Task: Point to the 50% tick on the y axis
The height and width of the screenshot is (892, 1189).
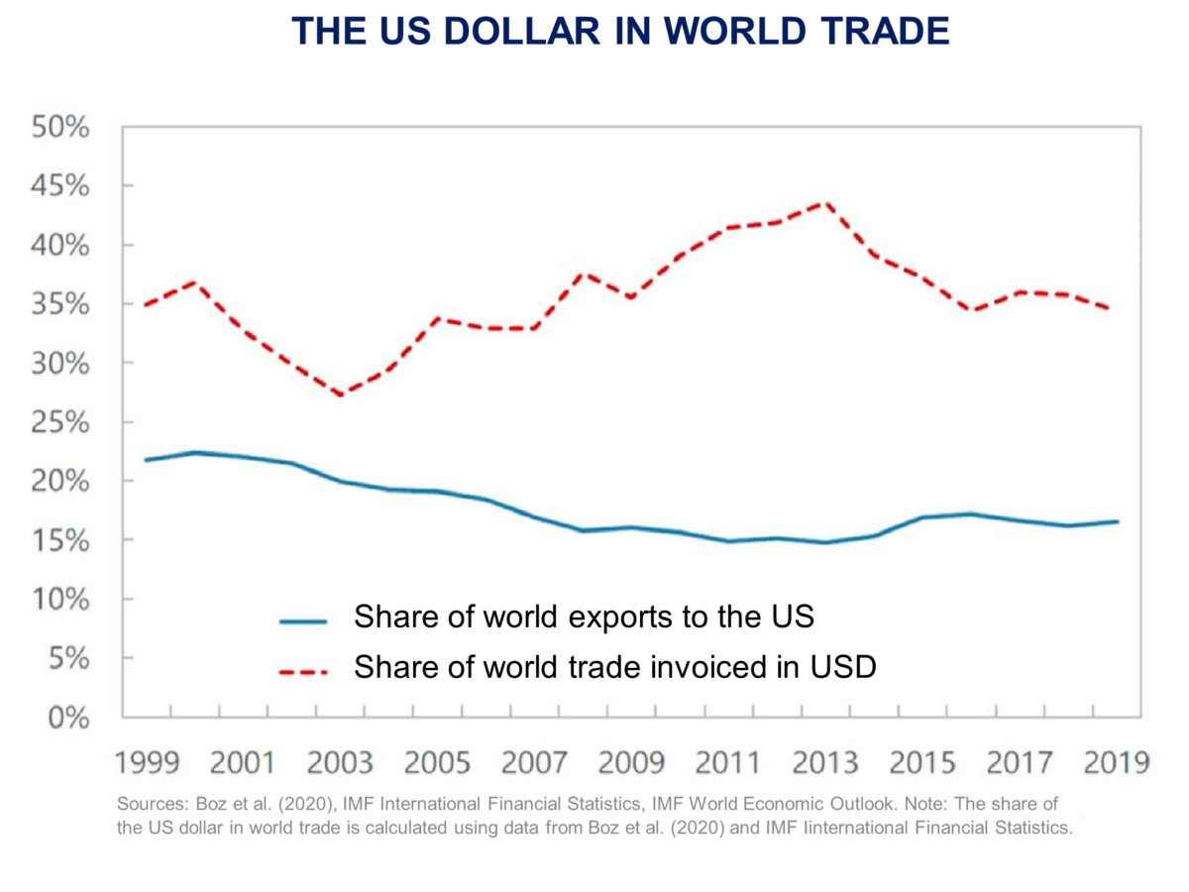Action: tap(62, 128)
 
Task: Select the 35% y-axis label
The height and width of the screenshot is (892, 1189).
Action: tap(62, 304)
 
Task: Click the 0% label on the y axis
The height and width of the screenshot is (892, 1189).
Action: tap(69, 717)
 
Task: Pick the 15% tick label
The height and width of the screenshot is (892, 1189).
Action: tap(62, 540)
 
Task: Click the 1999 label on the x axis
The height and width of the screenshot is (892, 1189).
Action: tap(147, 763)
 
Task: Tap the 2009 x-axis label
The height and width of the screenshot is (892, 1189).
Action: tap(632, 763)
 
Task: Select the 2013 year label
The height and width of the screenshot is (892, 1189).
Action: tap(826, 763)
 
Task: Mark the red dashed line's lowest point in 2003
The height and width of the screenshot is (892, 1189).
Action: tap(341, 395)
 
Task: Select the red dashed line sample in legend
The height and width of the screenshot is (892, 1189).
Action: tap(303, 671)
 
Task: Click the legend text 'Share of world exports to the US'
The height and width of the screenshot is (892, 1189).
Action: tap(584, 616)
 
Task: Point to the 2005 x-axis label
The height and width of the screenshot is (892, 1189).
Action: tap(438, 763)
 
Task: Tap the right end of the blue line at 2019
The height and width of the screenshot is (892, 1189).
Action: tap(1118, 521)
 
